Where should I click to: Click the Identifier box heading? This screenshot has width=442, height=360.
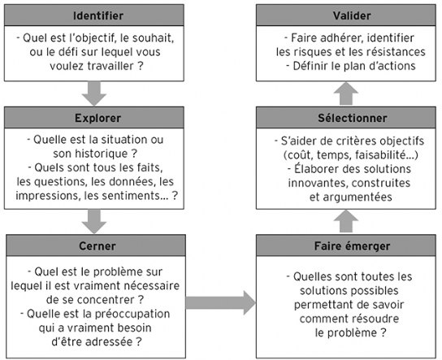click(98, 15)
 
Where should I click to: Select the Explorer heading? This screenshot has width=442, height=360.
click(97, 118)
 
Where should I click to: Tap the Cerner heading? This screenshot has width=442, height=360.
click(97, 246)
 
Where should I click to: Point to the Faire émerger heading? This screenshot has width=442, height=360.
click(352, 246)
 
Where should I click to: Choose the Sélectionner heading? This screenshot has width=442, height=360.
click(353, 118)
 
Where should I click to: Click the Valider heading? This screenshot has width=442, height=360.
click(352, 15)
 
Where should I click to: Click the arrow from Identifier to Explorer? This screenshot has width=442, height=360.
click(94, 93)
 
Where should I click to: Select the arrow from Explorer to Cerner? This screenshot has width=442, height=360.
click(94, 222)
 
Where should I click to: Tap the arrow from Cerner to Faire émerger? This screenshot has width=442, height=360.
click(221, 303)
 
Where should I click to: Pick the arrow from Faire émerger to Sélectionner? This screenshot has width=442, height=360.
click(346, 221)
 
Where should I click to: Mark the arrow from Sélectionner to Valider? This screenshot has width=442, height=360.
click(346, 93)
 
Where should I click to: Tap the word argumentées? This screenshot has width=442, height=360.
click(357, 197)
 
